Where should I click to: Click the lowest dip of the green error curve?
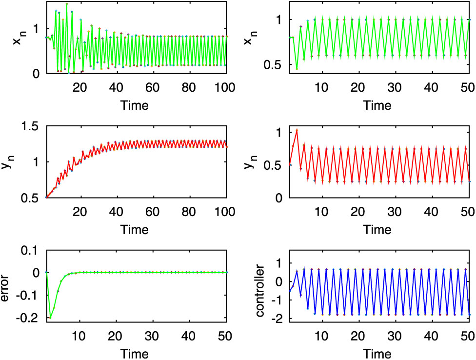[x=50, y=318]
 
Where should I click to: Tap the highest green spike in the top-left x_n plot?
[x=66, y=4]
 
